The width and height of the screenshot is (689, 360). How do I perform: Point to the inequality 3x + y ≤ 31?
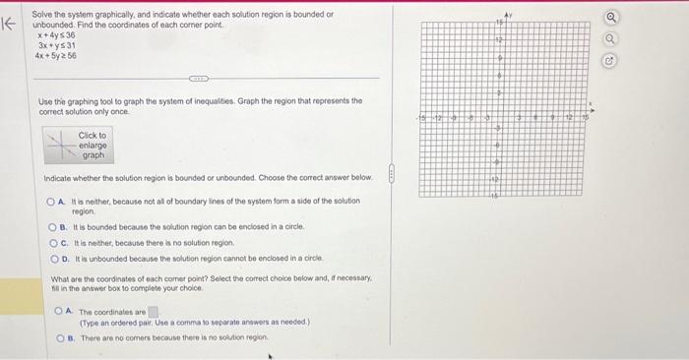(x=57, y=45)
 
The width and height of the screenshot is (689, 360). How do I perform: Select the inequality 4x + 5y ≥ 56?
(x=57, y=56)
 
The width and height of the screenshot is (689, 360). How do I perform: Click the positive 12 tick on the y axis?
(x=499, y=41)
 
